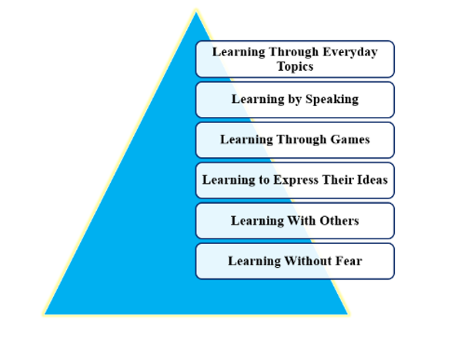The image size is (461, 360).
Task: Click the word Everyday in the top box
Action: click(350, 52)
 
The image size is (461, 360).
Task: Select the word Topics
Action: click(296, 67)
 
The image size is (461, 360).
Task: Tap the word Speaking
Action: click(332, 99)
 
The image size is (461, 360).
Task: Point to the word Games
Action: click(350, 139)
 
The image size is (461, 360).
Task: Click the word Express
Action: click(296, 180)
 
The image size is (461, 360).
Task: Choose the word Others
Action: click(339, 221)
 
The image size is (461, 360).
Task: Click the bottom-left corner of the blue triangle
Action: click(44, 315)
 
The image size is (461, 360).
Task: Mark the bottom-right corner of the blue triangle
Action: click(349, 315)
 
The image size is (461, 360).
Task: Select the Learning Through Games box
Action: click(295, 140)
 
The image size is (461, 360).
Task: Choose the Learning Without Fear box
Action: click(295, 262)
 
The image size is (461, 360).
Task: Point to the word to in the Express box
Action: click(264, 180)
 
